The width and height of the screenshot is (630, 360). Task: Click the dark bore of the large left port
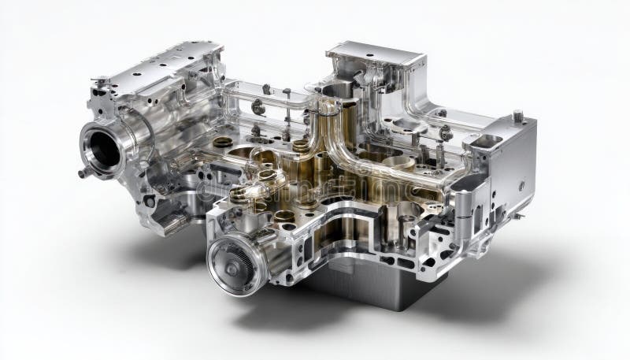102,149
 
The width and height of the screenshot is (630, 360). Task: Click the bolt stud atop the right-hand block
518,116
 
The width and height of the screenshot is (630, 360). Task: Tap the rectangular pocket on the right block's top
486,141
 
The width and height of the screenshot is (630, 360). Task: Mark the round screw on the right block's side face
521,186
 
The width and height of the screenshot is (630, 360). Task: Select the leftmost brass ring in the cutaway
224,143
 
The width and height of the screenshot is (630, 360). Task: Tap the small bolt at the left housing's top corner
101,80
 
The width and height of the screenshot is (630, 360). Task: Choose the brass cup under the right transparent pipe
399,163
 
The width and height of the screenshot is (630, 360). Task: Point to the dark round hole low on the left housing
149,201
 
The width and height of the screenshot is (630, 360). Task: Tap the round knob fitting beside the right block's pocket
446,132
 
